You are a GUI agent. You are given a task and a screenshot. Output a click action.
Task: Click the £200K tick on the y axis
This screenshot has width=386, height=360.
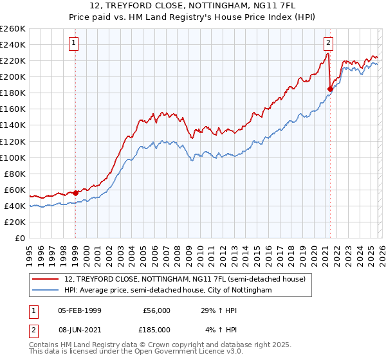pos(13,76)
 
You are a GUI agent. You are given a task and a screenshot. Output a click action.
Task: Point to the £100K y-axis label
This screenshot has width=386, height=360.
pos(13,157)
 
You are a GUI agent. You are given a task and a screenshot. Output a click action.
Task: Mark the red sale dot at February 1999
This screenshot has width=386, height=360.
pos(75,192)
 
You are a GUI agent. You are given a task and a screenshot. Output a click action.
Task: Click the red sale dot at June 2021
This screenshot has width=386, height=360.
pos(330,89)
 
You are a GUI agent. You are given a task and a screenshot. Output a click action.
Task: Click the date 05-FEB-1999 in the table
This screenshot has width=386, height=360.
pos(78,310)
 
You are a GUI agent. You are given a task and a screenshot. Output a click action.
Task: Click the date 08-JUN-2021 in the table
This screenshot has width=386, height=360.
pos(78,329)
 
